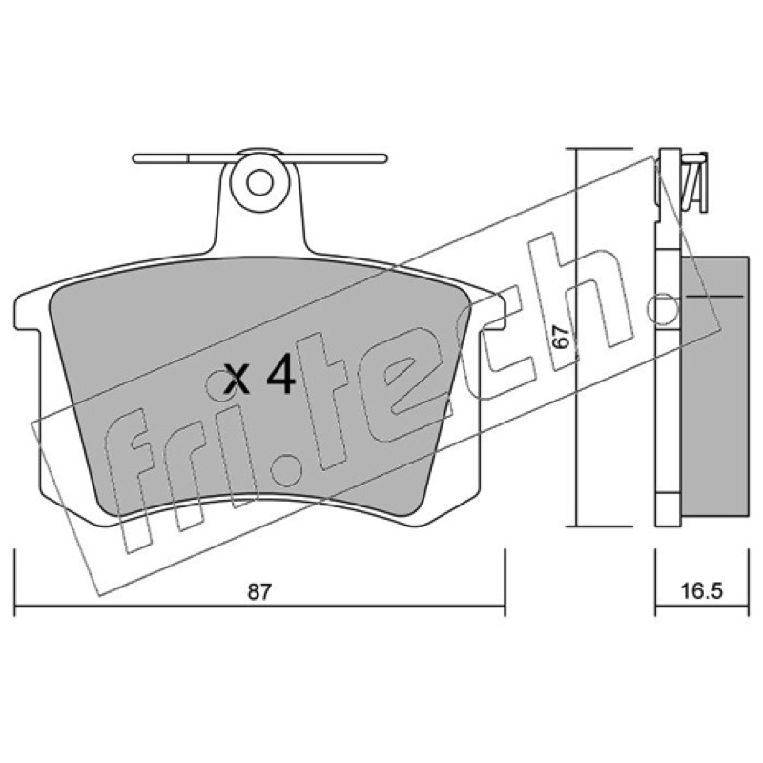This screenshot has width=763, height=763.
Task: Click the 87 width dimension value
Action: (x=258, y=591)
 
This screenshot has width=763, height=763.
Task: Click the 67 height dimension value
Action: (x=561, y=337)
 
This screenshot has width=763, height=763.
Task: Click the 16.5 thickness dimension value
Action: (x=701, y=591)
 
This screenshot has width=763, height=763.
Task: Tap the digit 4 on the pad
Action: (x=281, y=373)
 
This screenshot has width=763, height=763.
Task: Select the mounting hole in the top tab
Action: (x=259, y=183)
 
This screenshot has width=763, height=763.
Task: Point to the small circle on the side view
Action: (x=664, y=309)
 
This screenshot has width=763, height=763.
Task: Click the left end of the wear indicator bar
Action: (x=135, y=158)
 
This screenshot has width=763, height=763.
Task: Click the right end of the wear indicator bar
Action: (x=384, y=158)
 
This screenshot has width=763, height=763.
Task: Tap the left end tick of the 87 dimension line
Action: (x=15, y=583)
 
